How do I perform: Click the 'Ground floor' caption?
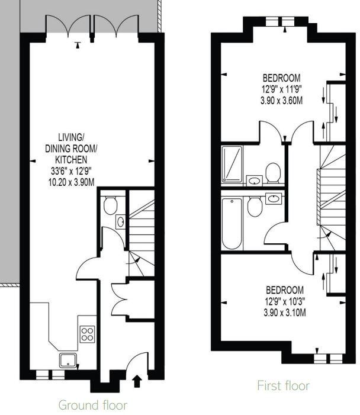point(92,406)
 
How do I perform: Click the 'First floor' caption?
point(283,386)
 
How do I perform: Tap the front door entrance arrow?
point(137,380)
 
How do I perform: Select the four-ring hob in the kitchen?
point(87,333)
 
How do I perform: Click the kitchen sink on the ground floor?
point(67,359)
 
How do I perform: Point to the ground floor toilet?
point(110,205)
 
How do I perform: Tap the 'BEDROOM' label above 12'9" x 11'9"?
point(282,78)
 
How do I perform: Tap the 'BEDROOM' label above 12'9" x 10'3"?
point(285,290)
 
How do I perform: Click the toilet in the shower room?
point(272,172)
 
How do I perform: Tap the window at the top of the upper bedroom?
point(281,21)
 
